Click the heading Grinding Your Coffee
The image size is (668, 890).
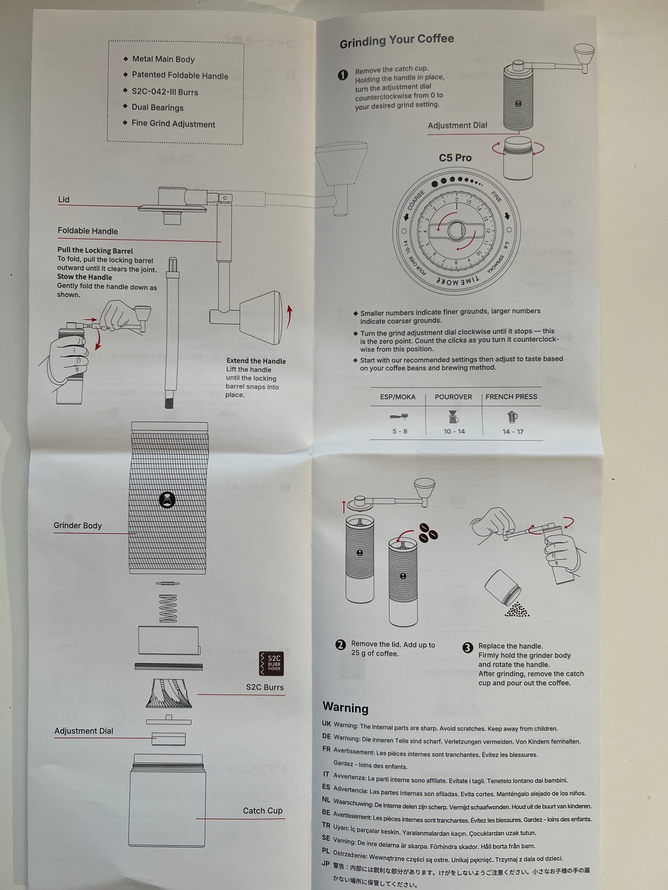tap(397, 41)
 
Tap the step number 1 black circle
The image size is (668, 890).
tap(343, 75)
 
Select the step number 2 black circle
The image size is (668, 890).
tap(341, 645)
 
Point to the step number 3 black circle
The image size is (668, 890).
tap(468, 648)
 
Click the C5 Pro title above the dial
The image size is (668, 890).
tap(455, 158)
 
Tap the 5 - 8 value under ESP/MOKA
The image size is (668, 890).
tap(400, 432)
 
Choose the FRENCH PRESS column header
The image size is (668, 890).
tap(511, 397)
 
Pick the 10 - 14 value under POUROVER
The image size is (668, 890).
tap(454, 432)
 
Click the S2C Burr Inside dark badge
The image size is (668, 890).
tap(271, 664)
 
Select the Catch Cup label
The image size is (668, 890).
tap(263, 810)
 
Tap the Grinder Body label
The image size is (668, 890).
tap(77, 525)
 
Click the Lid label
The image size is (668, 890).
tap(64, 199)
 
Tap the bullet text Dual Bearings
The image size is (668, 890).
tap(157, 108)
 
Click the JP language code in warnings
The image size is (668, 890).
tap(326, 863)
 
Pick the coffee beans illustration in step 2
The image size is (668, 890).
tap(428, 533)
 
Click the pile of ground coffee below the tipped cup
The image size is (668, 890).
tap(517, 609)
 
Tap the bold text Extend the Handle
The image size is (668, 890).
tap(256, 361)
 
